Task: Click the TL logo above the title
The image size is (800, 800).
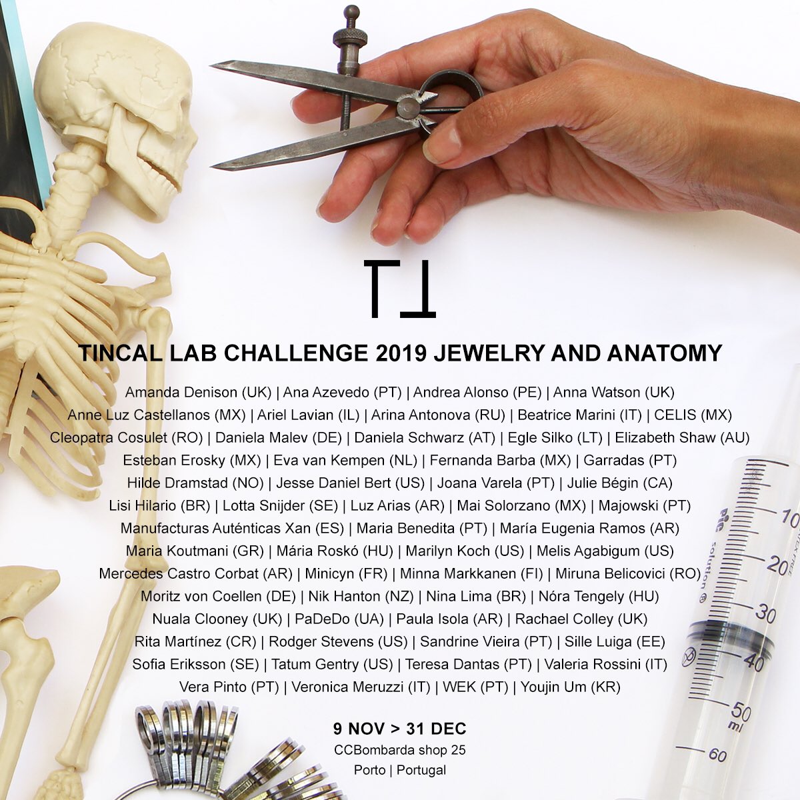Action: pyautogui.click(x=400, y=289)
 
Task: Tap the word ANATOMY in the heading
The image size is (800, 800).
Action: pyautogui.click(x=665, y=353)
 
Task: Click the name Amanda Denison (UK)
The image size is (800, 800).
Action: pyautogui.click(x=198, y=392)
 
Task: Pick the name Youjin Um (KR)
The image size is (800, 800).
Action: pyautogui.click(x=571, y=687)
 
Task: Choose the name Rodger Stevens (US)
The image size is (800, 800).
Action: pyautogui.click(x=338, y=642)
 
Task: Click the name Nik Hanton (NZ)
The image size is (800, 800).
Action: pyautogui.click(x=361, y=597)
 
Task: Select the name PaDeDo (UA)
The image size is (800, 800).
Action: pyautogui.click(x=339, y=619)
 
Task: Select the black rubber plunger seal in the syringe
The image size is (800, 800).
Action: pyautogui.click(x=730, y=636)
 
